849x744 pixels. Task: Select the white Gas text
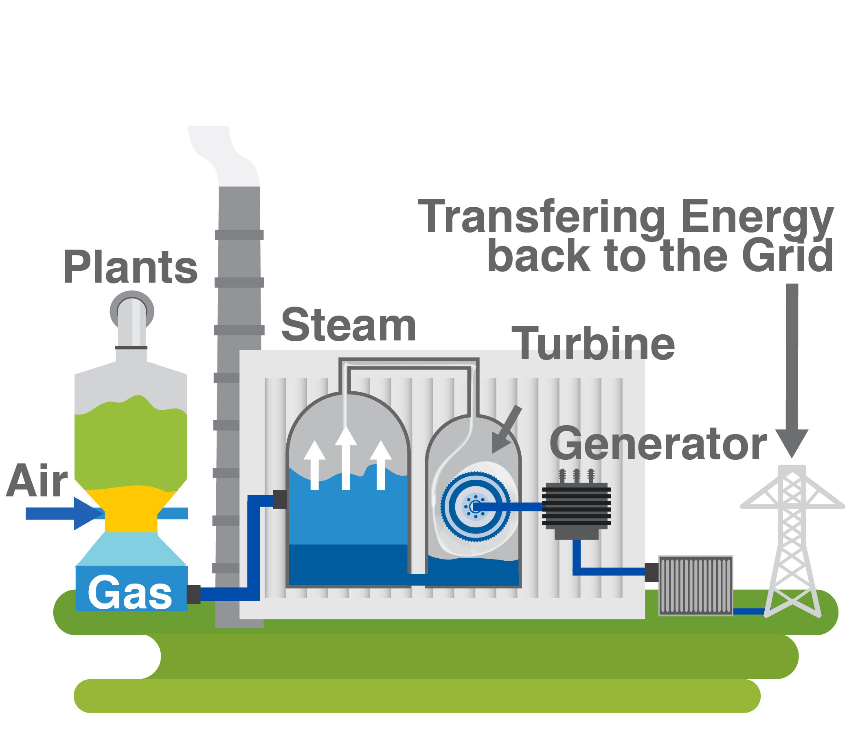pos(130,593)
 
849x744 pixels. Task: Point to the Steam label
pos(348,325)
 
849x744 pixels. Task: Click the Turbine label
pos(593,344)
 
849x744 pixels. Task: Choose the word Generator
pos(658,444)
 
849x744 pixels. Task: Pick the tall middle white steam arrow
pos(346,456)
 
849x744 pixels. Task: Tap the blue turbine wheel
pos(475,507)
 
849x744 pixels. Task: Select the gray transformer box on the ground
pos(695,586)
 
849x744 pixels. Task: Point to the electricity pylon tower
pos(792,540)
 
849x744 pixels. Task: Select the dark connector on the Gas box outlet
pos(193,594)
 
